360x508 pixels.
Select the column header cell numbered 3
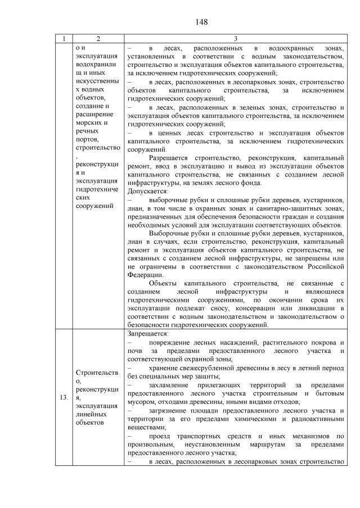click(236, 39)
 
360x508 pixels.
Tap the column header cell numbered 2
click(98, 39)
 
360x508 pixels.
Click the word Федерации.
click(146, 275)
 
